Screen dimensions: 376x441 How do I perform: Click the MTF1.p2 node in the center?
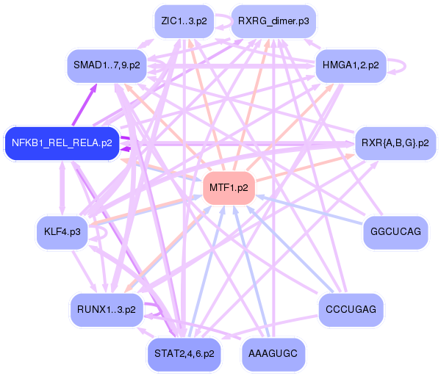pyautogui.click(x=229, y=187)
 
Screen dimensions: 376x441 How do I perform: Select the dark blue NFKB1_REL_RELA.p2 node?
pyautogui.click(x=62, y=142)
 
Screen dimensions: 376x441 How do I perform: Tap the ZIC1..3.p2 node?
pyautogui.click(x=184, y=21)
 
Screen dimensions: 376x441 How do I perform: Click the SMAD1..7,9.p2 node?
pyautogui.click(x=107, y=66)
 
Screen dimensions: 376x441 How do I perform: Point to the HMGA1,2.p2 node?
pyautogui.click(x=351, y=66)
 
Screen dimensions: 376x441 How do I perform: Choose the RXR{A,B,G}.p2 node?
pyautogui.click(x=395, y=142)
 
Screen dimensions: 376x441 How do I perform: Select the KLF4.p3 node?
pyautogui.click(x=62, y=233)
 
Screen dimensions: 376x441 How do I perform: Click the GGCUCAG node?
pyautogui.click(x=395, y=233)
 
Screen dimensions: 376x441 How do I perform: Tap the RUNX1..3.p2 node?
pyautogui.click(x=106, y=309)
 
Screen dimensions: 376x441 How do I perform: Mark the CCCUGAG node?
pyautogui.click(x=351, y=309)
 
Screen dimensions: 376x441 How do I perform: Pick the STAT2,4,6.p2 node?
pyautogui.click(x=184, y=353)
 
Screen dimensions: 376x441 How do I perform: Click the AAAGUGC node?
pyautogui.click(x=273, y=353)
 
